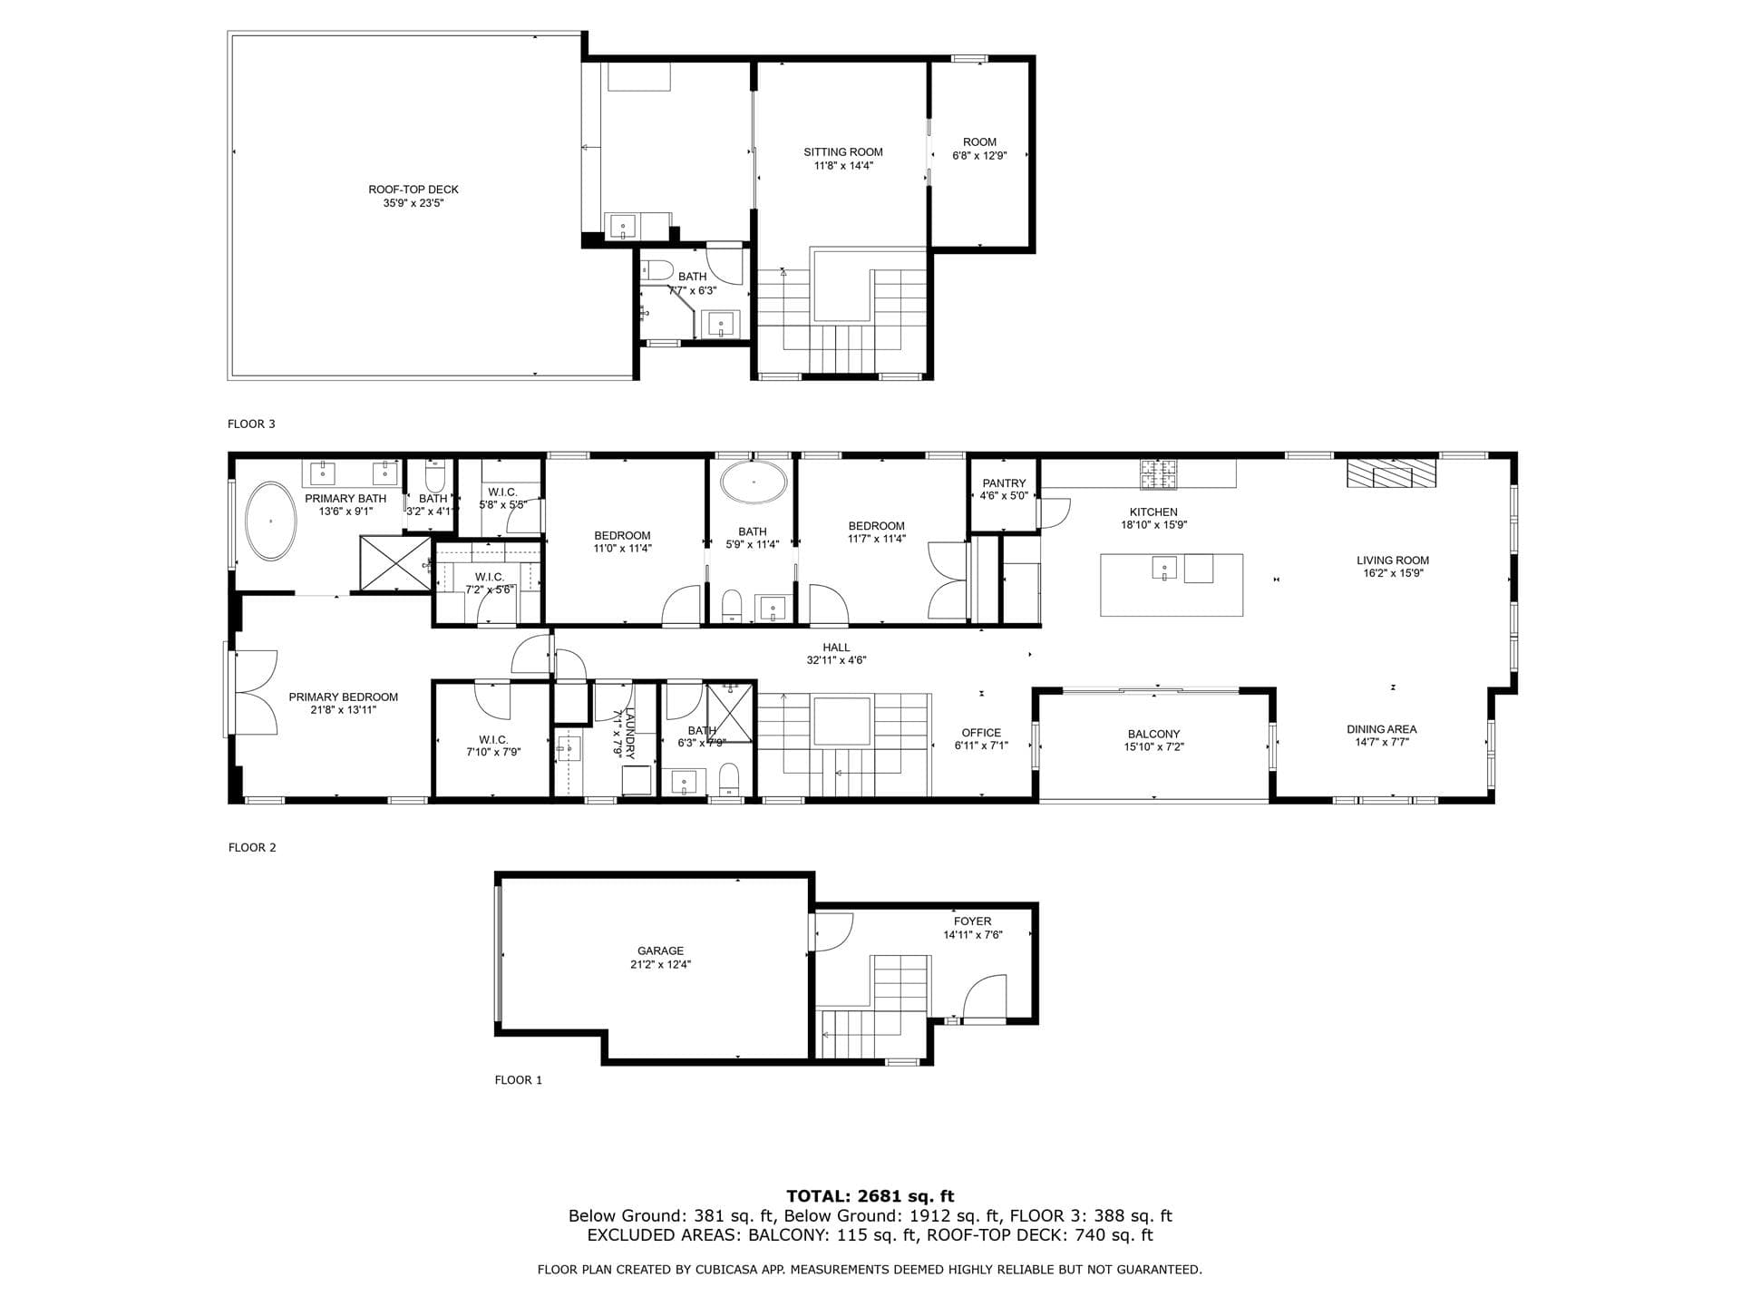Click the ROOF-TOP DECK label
click(x=413, y=190)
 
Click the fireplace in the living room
click(x=1391, y=473)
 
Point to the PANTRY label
click(x=1004, y=483)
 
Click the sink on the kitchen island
click(x=1164, y=568)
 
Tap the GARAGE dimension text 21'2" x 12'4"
click(x=660, y=964)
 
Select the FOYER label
click(x=972, y=921)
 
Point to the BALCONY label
click(x=1153, y=734)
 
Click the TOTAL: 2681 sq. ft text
click(x=870, y=1196)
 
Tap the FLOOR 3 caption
click(x=251, y=424)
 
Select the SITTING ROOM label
click(x=842, y=151)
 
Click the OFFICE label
click(x=981, y=732)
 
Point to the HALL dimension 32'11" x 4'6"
click(x=836, y=660)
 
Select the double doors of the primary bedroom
click(x=256, y=692)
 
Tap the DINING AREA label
click(x=1381, y=728)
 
